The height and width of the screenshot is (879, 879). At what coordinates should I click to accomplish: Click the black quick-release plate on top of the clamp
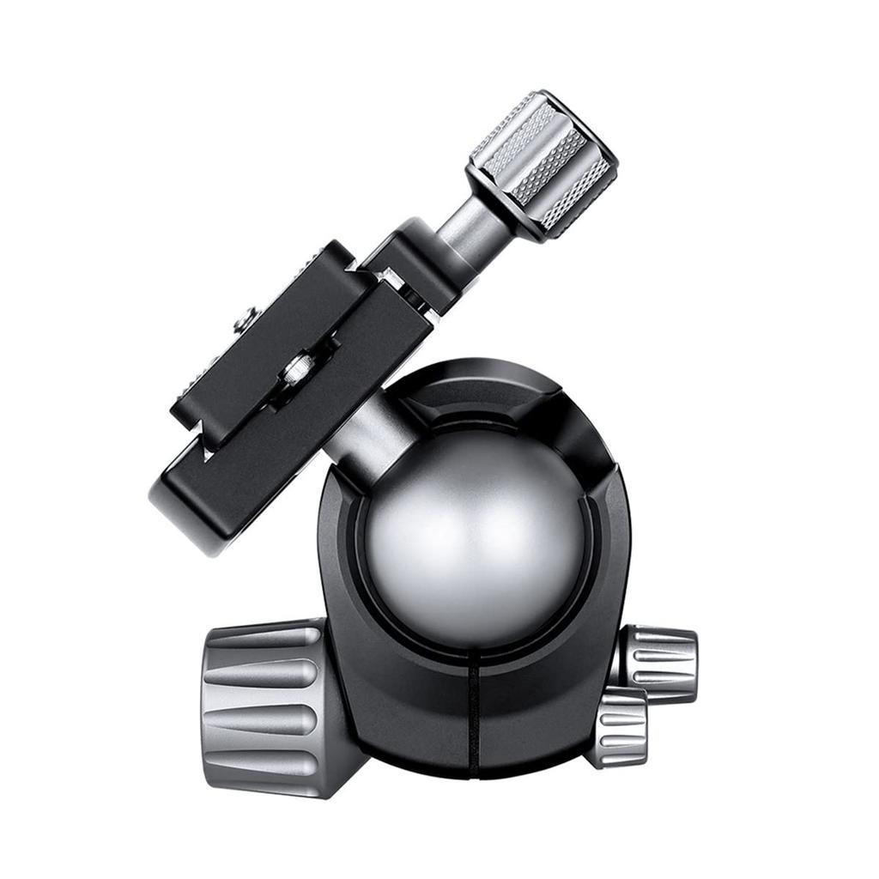pos(258,343)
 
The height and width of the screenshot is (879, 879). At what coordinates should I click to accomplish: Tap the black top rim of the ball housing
pos(481,386)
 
